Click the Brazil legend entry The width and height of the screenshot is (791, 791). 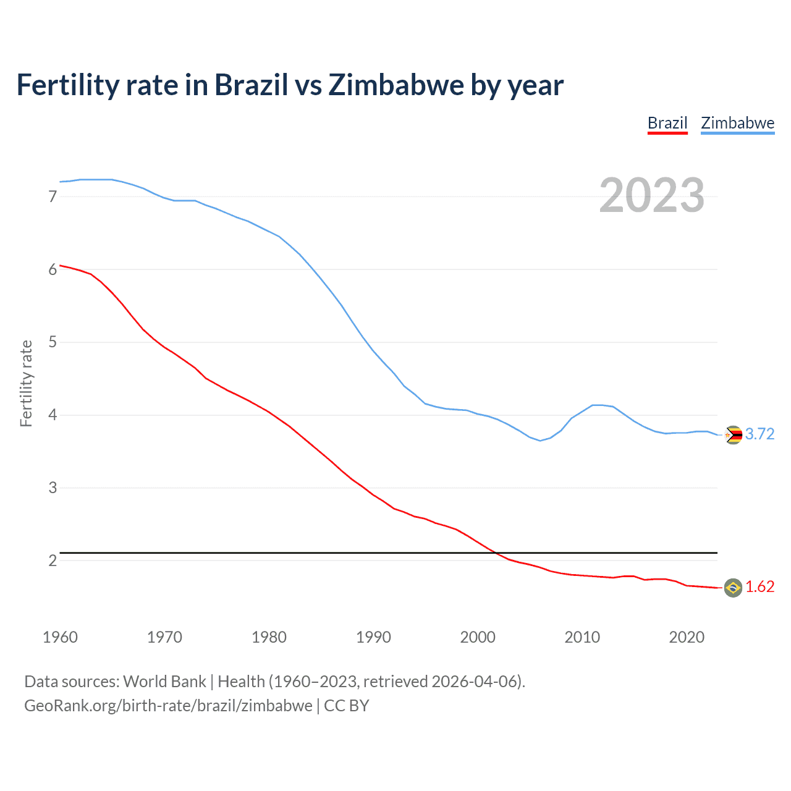pyautogui.click(x=667, y=123)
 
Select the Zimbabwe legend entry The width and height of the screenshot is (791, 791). pyautogui.click(x=737, y=123)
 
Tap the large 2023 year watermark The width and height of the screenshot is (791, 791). pyautogui.click(x=652, y=195)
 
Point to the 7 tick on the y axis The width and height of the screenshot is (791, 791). pyautogui.click(x=53, y=197)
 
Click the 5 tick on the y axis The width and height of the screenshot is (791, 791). pyautogui.click(x=53, y=342)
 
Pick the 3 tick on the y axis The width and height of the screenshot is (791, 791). pyautogui.click(x=53, y=488)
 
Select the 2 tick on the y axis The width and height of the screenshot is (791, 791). pyautogui.click(x=53, y=560)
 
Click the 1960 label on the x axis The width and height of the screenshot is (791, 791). pyautogui.click(x=60, y=637)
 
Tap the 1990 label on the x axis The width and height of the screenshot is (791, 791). pyautogui.click(x=373, y=637)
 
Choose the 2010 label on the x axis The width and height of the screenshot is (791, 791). pyautogui.click(x=582, y=637)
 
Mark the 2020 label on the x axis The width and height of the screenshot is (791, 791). pyautogui.click(x=687, y=637)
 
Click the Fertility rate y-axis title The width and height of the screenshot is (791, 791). pyautogui.click(x=26, y=383)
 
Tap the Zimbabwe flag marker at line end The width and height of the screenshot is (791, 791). pyautogui.click(x=733, y=435)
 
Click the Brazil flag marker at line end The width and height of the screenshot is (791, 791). pyautogui.click(x=733, y=588)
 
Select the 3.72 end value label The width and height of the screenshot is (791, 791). pyautogui.click(x=759, y=434)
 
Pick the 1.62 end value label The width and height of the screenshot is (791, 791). pyautogui.click(x=759, y=586)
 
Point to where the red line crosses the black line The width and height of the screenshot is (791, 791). pyautogui.click(x=495, y=552)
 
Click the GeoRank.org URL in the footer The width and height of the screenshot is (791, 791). pyautogui.click(x=168, y=706)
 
